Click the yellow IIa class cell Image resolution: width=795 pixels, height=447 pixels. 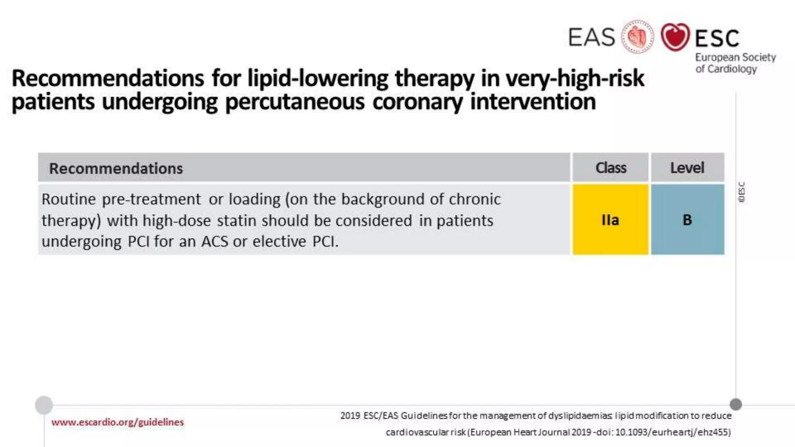(x=610, y=220)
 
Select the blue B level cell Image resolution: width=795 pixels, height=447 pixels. (x=687, y=220)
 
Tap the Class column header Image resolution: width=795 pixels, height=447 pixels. (x=610, y=168)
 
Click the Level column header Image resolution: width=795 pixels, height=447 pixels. (x=687, y=168)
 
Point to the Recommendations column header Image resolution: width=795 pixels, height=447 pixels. (x=116, y=168)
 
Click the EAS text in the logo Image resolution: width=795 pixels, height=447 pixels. (x=592, y=37)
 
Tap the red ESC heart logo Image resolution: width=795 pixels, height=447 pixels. (x=675, y=37)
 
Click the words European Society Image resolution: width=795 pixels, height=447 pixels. (x=735, y=57)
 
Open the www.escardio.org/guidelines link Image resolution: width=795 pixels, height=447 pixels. (x=117, y=422)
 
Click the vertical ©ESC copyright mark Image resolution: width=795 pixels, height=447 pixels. (x=741, y=192)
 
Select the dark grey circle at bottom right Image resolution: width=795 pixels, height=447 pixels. (x=736, y=404)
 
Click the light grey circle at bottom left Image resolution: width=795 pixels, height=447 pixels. (x=44, y=405)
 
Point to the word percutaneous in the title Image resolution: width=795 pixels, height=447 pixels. (x=295, y=102)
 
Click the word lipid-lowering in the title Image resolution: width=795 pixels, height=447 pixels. (x=318, y=78)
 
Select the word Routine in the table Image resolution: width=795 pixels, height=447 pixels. (x=69, y=199)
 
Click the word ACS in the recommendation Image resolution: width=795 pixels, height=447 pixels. (x=215, y=241)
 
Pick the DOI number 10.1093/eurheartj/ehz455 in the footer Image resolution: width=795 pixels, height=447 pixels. (x=673, y=432)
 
